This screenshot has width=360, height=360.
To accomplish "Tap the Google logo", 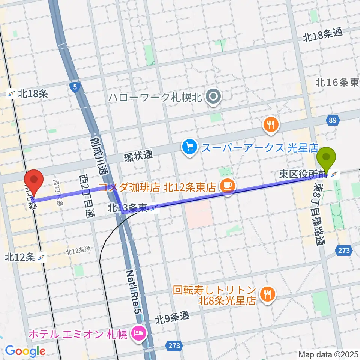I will [x=25, y=351].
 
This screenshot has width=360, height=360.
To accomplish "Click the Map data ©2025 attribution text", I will [x=328, y=354].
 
